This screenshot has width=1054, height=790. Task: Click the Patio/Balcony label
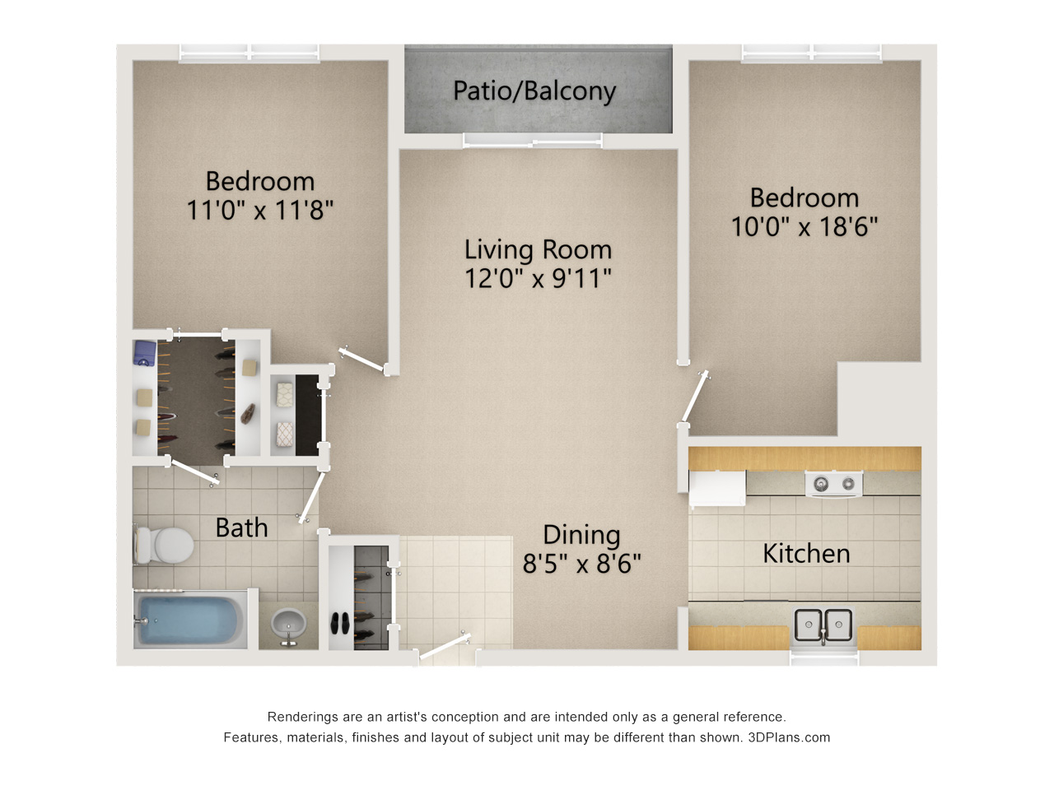(534, 91)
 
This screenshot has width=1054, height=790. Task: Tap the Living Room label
(538, 250)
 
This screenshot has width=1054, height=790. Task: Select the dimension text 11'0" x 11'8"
(259, 210)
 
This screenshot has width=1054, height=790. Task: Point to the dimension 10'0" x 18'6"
(804, 226)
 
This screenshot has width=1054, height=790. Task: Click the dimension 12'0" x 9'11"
(538, 278)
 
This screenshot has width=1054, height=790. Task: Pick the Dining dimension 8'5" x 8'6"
(581, 563)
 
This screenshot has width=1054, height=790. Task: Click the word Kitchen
(806, 554)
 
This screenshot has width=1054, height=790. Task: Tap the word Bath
(241, 527)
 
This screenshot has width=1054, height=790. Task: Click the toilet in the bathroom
(164, 546)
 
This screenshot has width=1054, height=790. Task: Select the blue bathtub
(190, 620)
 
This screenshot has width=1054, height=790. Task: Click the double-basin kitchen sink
(823, 625)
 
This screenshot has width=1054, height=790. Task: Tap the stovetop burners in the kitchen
(833, 484)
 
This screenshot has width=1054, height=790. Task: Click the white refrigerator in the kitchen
(717, 488)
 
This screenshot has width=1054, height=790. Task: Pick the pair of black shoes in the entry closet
(340, 624)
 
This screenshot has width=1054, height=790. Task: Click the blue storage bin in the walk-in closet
(146, 354)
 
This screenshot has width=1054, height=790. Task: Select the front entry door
(444, 646)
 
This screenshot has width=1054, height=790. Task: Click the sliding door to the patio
(533, 141)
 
